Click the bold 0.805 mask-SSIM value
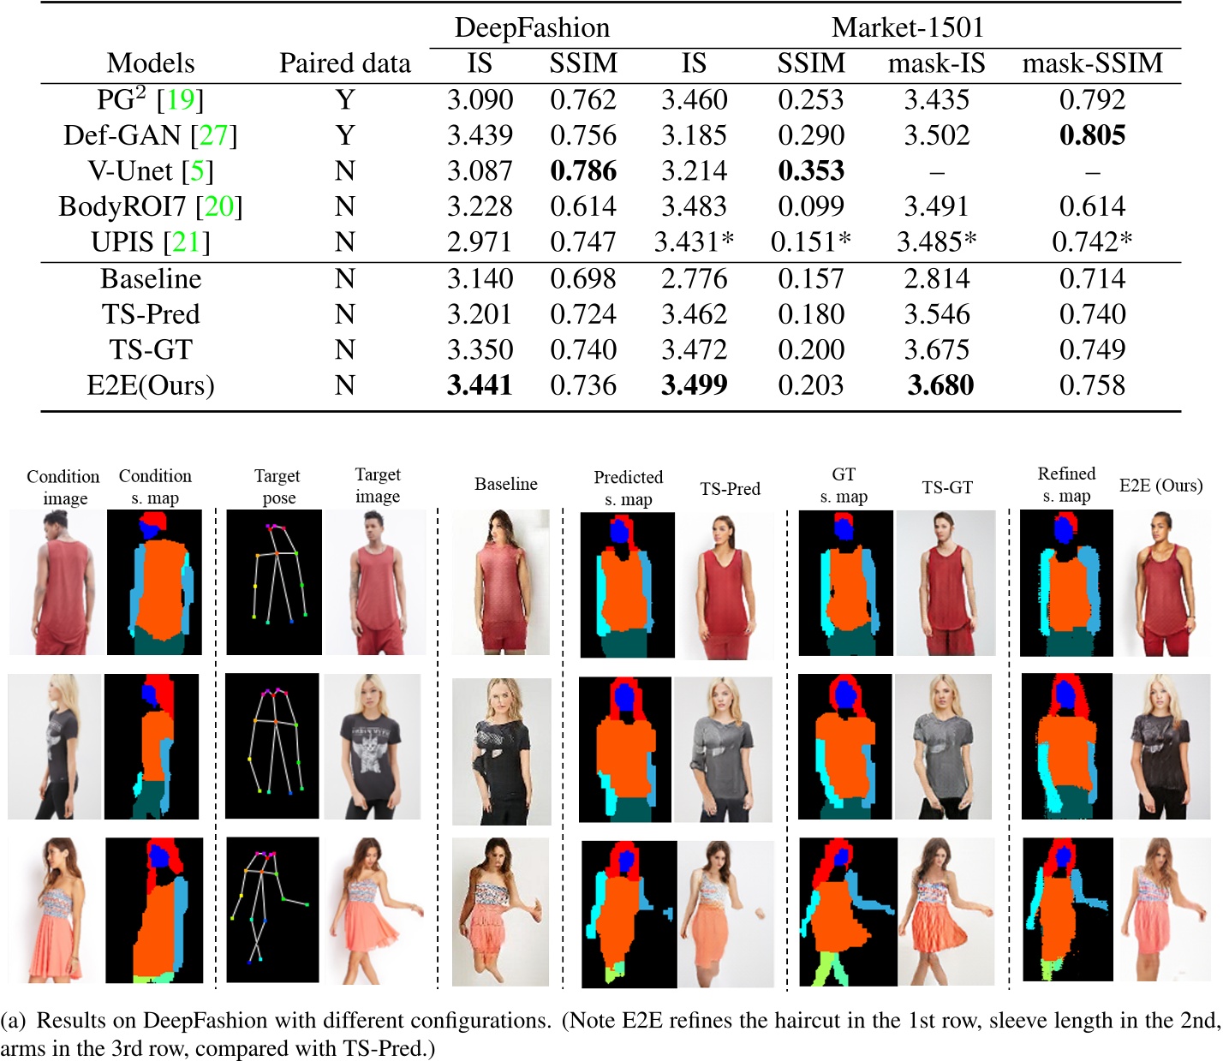tap(1092, 135)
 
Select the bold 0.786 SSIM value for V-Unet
tap(582, 171)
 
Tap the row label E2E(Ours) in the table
tap(151, 385)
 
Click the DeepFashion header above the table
tap(532, 27)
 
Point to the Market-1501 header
tap(907, 27)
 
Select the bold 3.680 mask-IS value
tap(940, 385)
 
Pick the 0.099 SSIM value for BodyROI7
tap(810, 206)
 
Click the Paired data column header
tap(344, 63)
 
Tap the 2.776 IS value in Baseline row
tap(694, 278)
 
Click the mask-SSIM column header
tap(1092, 63)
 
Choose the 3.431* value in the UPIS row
tap(694, 242)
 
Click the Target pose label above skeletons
tap(277, 486)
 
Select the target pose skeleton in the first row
tap(274, 581)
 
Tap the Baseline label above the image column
tap(505, 484)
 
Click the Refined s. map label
tap(1066, 485)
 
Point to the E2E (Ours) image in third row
tap(1164, 909)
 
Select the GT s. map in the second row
tap(844, 746)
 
